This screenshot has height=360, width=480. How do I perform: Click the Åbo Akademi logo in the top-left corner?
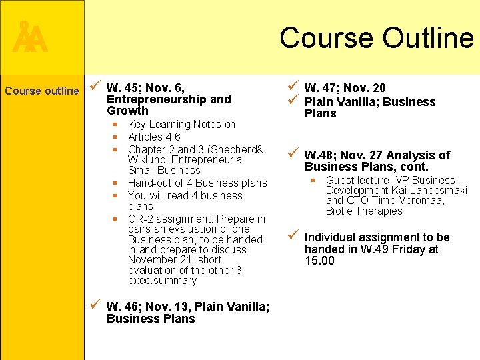click(x=30, y=39)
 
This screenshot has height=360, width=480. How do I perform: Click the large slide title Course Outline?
click(x=376, y=37)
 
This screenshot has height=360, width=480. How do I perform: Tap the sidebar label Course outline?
click(x=41, y=91)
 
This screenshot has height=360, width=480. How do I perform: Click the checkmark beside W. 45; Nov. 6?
click(x=95, y=87)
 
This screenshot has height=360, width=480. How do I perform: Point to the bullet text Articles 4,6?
click(x=154, y=137)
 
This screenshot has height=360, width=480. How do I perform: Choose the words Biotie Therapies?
click(x=364, y=211)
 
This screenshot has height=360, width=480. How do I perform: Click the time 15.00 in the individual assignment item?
click(x=320, y=261)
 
